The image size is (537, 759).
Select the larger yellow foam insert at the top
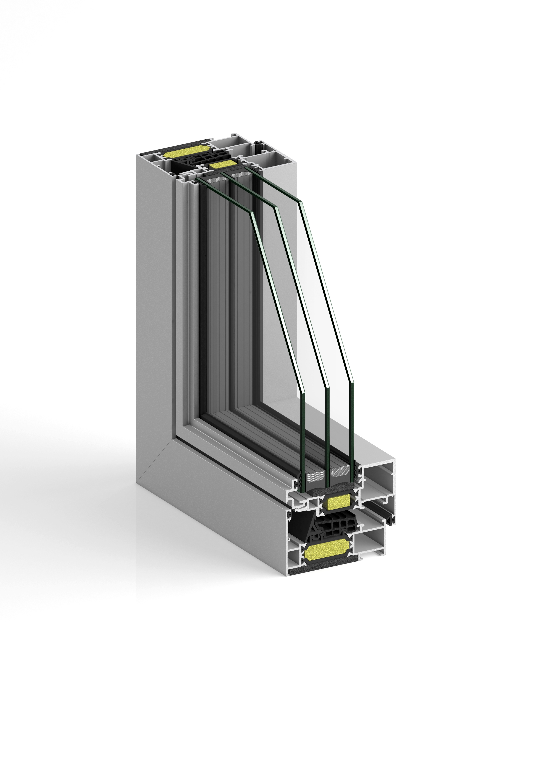click(x=185, y=154)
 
